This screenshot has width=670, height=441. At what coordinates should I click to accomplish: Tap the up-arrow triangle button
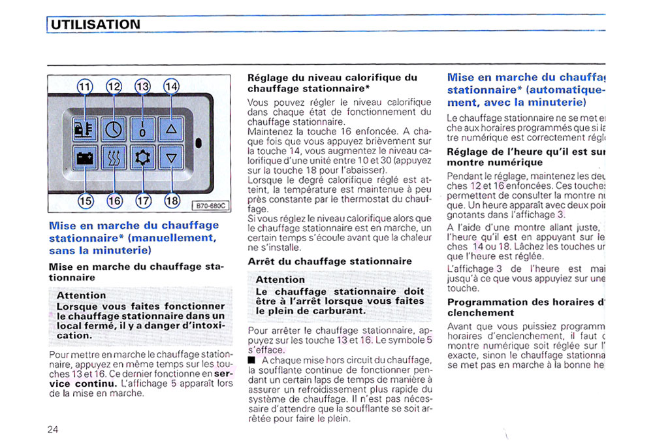171,129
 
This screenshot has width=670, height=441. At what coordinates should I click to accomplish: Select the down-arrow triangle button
171,157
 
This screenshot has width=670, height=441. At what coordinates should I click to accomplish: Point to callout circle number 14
170,87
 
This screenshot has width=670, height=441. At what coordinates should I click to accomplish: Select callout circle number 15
86,201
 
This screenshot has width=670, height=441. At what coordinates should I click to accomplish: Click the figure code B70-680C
210,206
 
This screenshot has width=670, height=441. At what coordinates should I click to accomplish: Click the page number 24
53,429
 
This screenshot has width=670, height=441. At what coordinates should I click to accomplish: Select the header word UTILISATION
95,25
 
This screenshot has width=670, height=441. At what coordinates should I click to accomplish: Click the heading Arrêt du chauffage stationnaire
330,261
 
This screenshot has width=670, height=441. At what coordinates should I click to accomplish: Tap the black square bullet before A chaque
252,360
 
